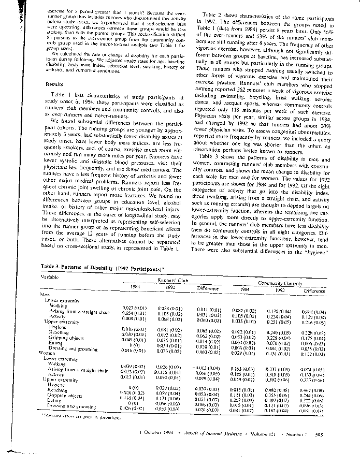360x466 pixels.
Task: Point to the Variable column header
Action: [x=50, y=276]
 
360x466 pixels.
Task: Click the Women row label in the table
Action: [x=50, y=353]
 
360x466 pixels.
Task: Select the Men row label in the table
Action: [x=45, y=295]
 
